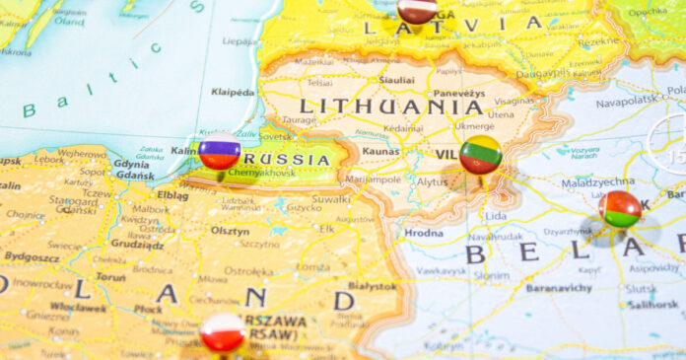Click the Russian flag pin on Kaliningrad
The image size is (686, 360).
point(219,152)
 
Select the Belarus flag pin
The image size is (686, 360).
point(621,209)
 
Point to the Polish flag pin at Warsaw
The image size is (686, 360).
point(223,332)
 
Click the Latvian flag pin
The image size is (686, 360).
point(417,9)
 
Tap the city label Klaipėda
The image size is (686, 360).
point(233,92)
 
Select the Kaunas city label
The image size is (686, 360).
point(380,151)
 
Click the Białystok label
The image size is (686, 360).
point(372,284)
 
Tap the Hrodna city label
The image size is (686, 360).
point(423,233)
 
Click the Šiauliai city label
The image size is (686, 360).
point(396,79)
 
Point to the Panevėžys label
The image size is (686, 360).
point(459,93)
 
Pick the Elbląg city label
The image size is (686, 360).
point(172,195)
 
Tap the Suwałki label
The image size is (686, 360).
point(331,197)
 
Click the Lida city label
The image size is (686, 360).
point(496,215)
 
